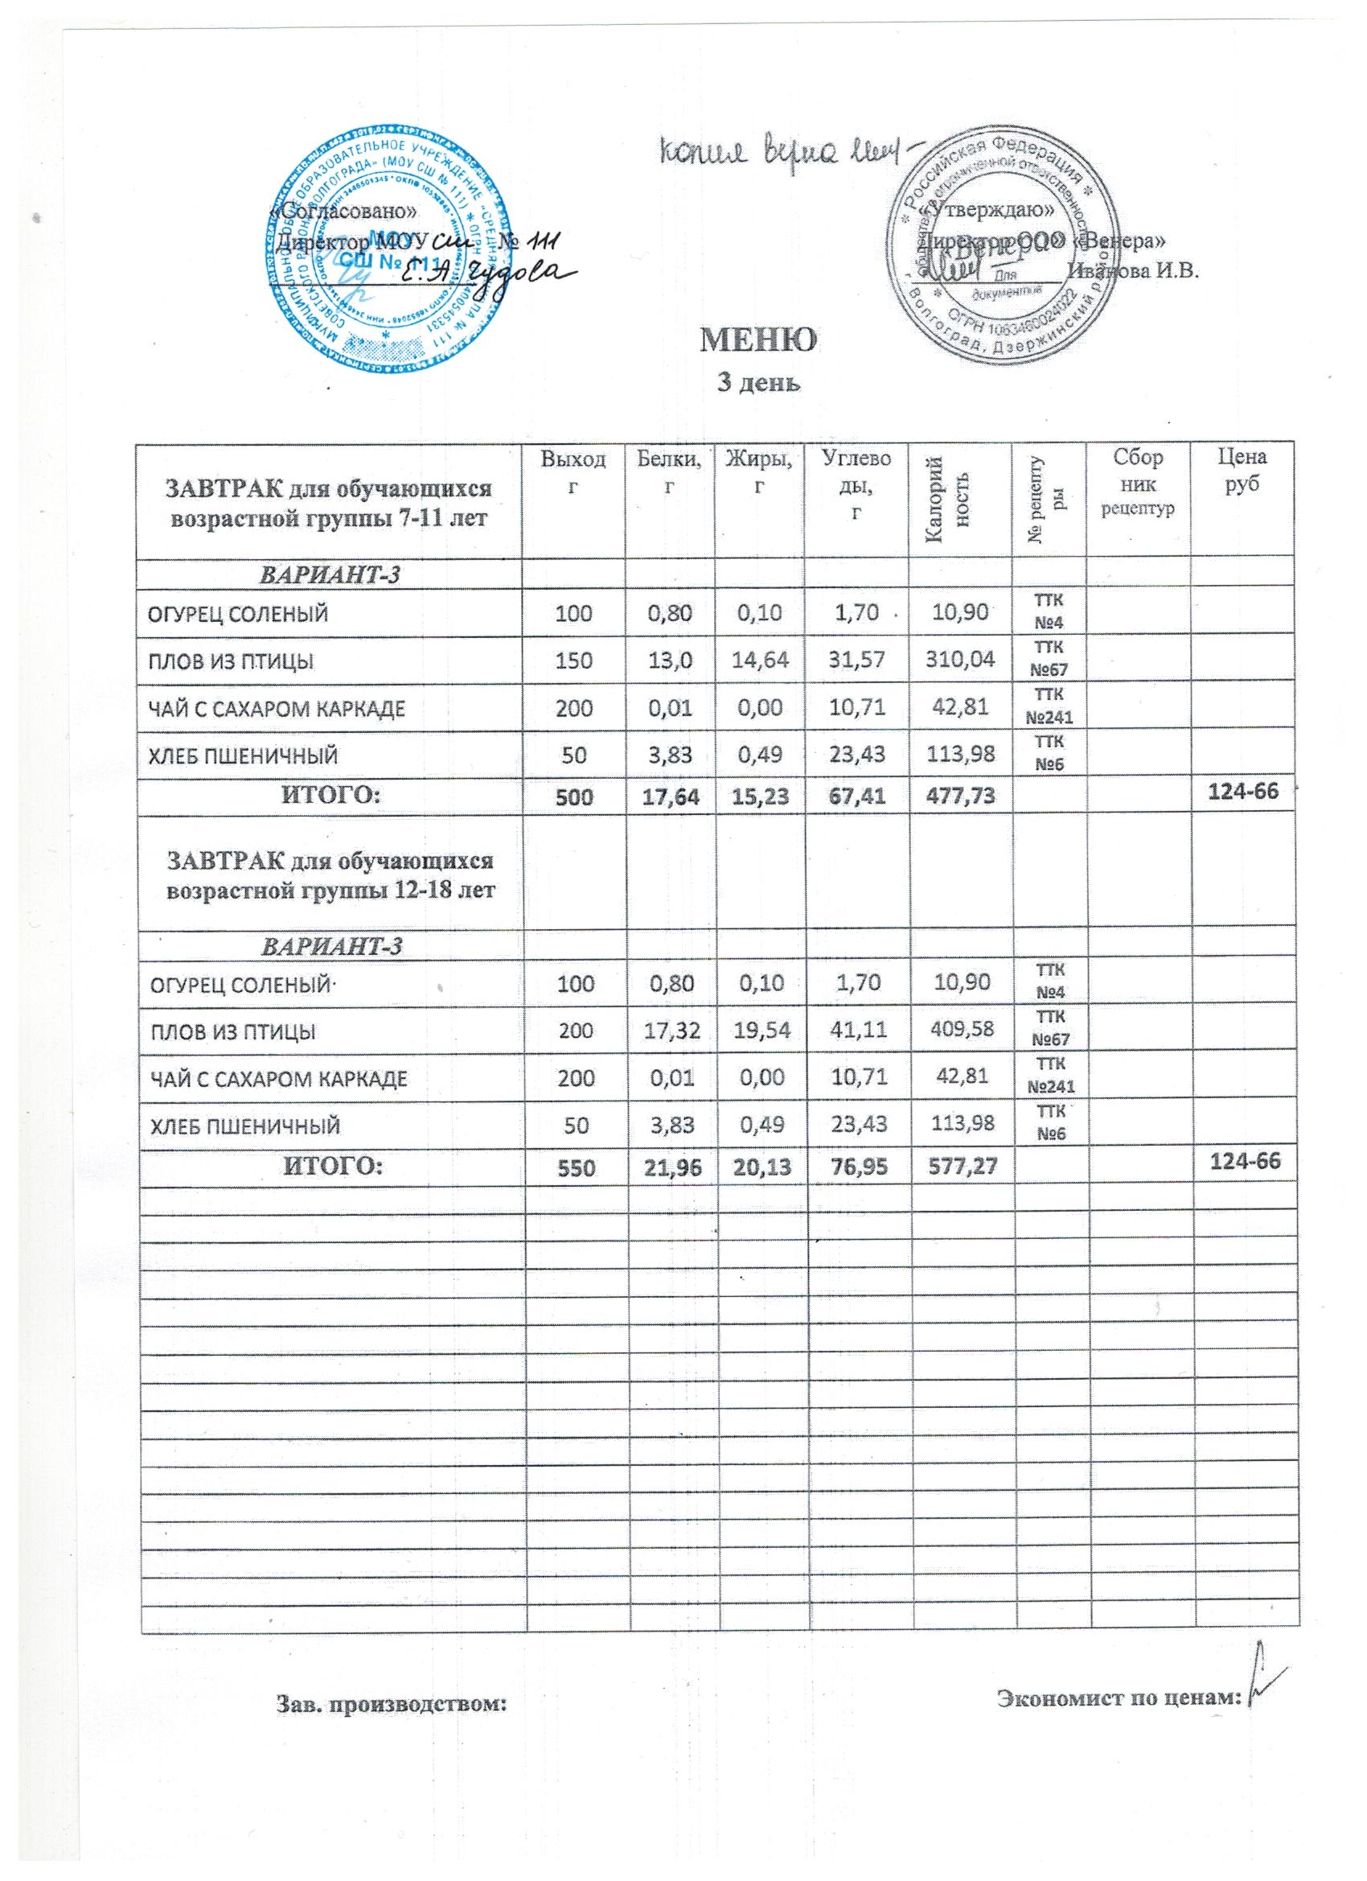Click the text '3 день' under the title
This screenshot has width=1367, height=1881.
point(758,383)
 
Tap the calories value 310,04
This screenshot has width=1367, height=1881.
point(960,661)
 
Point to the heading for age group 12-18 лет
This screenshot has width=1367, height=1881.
point(330,876)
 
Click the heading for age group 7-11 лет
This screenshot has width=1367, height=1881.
point(329,504)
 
